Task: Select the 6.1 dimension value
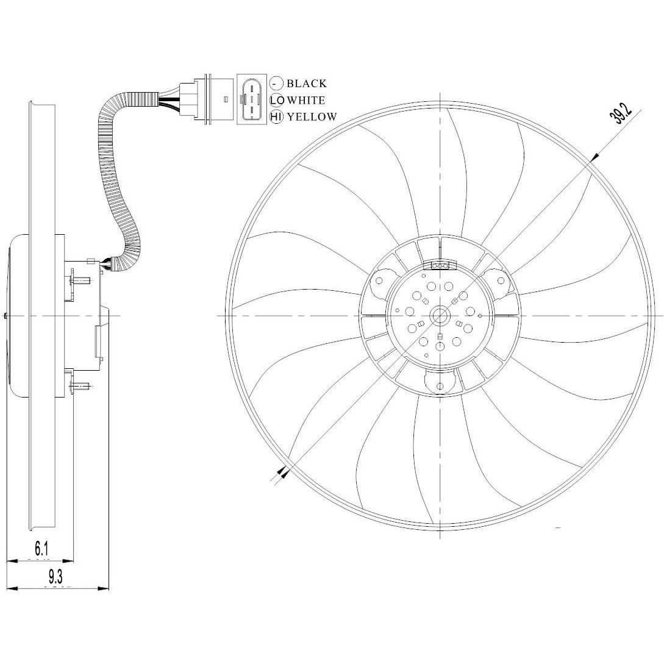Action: click(41, 549)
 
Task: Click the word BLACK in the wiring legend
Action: click(307, 84)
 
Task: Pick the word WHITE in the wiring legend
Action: click(307, 101)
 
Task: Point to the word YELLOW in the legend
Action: click(312, 117)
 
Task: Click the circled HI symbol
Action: click(277, 117)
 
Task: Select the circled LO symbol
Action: click(277, 101)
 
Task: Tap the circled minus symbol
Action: click(277, 84)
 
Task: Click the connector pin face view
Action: click(252, 99)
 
